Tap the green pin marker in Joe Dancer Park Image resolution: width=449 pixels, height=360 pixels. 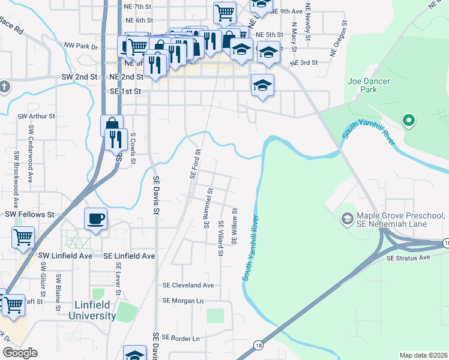[x=408, y=121]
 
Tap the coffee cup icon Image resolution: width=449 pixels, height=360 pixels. [x=96, y=219]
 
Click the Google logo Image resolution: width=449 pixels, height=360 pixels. [x=19, y=353]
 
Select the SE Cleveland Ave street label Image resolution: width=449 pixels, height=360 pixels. [x=188, y=285]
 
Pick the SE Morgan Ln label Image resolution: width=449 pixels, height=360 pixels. [x=183, y=300]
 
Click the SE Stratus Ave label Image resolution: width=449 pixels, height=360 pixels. [x=409, y=258]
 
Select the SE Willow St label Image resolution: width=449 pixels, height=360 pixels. [x=235, y=226]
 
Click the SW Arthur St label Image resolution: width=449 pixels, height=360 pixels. [x=36, y=116]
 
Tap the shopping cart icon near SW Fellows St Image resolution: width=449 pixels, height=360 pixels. [x=23, y=237]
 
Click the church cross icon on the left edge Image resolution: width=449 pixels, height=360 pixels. [x=4, y=86]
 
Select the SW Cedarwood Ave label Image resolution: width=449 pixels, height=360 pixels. [x=31, y=143]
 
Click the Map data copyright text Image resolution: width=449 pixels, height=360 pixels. [x=424, y=355]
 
